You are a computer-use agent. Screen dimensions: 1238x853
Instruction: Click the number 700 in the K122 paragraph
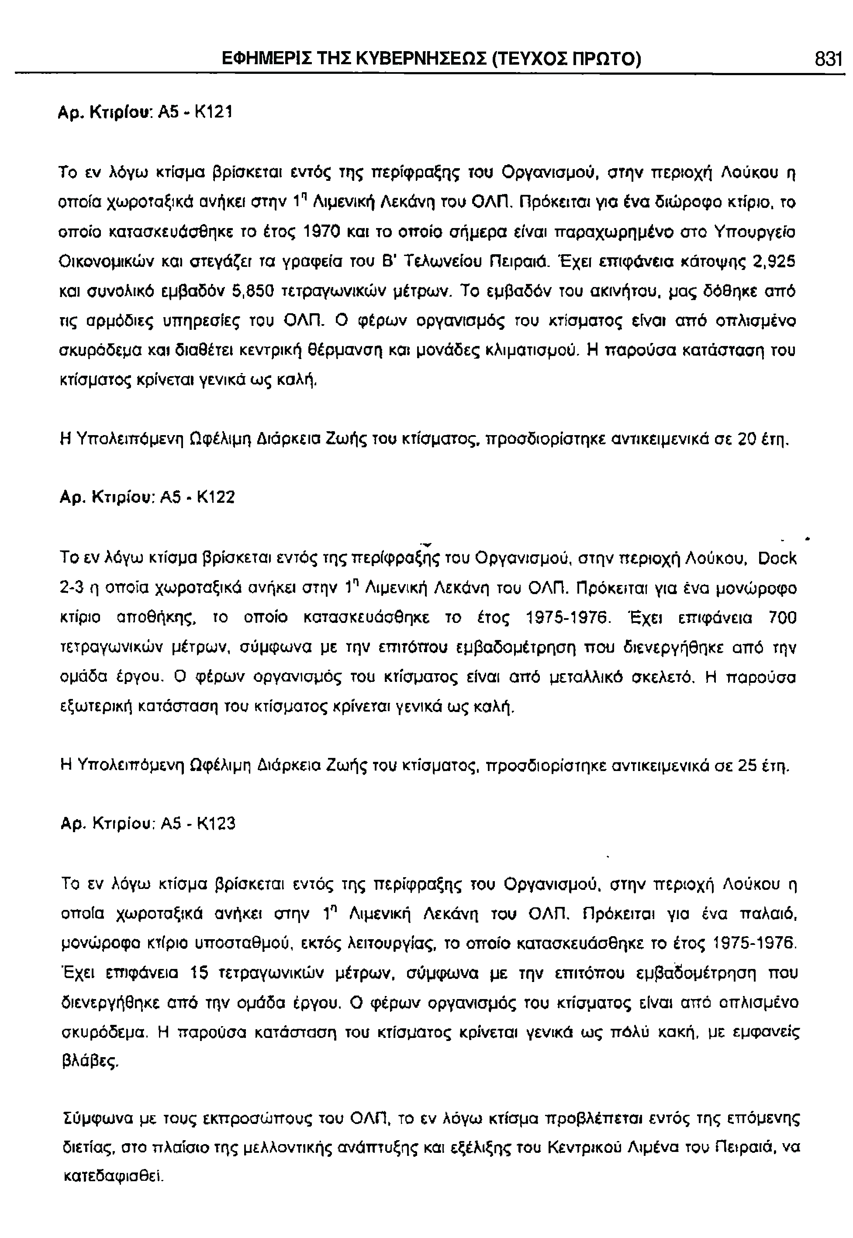782,619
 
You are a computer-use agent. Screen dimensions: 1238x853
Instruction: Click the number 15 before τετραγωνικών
203,974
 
